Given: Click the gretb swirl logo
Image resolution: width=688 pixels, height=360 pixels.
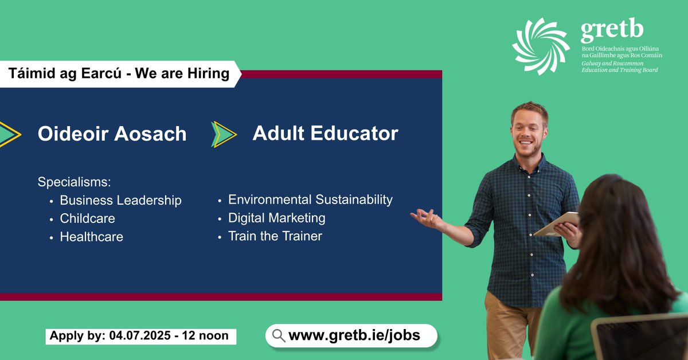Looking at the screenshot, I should [541, 46].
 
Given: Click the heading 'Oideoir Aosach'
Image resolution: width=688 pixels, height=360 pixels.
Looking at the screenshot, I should [112, 134].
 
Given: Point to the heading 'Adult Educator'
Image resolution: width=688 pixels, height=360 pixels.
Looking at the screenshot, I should [325, 134].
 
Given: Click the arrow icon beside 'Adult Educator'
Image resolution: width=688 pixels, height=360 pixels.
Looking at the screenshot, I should [224, 134].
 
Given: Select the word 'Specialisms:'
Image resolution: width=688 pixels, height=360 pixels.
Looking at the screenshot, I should [74, 182].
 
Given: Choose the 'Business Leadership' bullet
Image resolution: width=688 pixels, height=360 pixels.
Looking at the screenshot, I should [120, 201].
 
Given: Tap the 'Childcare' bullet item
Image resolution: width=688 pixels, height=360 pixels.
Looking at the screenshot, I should [87, 218].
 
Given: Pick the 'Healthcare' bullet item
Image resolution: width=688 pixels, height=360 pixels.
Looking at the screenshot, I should [91, 237].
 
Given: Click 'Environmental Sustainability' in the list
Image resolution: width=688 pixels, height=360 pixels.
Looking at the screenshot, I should [310, 199].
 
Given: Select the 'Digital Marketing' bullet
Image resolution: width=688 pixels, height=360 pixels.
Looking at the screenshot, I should [276, 218].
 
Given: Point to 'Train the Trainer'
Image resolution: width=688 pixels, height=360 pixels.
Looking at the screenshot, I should [275, 236].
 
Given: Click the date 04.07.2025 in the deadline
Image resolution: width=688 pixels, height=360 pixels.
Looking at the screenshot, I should [139, 336].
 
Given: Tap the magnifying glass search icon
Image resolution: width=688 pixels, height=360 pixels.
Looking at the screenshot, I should [279, 336].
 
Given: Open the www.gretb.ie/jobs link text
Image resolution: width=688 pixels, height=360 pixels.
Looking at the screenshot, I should [354, 336].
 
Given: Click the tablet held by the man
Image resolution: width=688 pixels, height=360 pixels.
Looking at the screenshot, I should [557, 224].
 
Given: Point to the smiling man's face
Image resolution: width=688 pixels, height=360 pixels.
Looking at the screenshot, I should [528, 131].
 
